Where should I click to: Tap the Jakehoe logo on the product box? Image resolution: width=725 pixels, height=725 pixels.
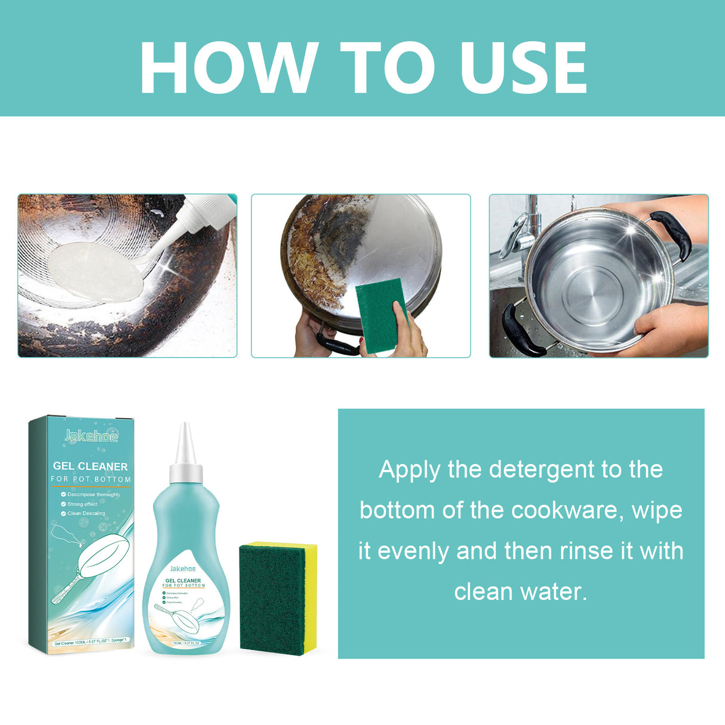(91, 436)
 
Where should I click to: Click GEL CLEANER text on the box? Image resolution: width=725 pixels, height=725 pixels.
(90, 466)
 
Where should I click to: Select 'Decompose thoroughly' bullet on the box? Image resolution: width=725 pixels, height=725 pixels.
(93, 494)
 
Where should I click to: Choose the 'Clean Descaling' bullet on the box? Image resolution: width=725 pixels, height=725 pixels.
(86, 513)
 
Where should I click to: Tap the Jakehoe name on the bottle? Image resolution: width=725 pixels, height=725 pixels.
(183, 569)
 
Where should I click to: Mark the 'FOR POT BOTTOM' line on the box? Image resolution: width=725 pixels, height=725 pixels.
(91, 480)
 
